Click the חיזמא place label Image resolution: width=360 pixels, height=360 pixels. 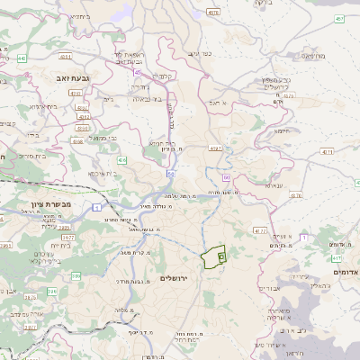tap(283, 130)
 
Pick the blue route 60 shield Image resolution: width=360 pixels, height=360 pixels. tap(227, 178)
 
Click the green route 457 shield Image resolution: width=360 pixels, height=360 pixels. tap(339, 18)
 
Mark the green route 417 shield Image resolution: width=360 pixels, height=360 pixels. tap(337, 257)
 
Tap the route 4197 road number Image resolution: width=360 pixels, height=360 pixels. tap(213, 147)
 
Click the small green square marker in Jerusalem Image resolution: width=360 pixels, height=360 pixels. tap(220, 256)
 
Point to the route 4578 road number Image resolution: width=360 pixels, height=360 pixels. tap(213, 13)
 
